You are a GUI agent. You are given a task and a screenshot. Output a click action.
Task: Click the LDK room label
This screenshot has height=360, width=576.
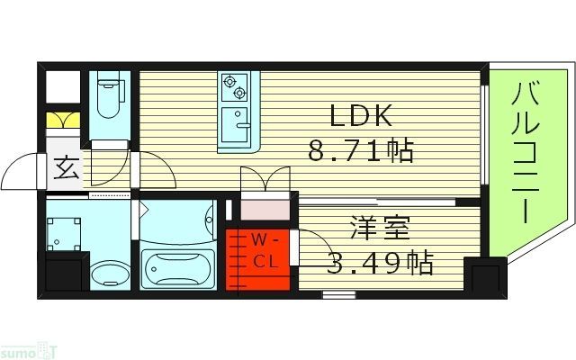pos(360,117)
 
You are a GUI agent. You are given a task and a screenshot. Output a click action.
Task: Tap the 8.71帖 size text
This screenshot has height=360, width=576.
pos(360,150)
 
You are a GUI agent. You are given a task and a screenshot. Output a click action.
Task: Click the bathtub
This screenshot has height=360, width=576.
pos(177,267)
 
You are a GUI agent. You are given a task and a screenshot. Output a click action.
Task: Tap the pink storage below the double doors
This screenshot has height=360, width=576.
pos(265,206)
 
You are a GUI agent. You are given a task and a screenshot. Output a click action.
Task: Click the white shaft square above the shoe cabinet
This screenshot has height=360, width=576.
pos(61,87)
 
